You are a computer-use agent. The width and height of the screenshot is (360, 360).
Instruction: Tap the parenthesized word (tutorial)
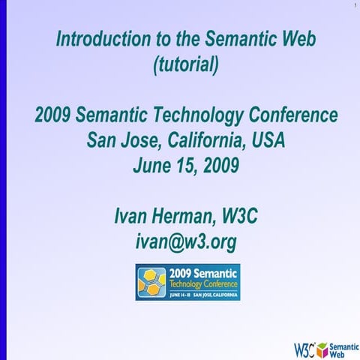[186, 65]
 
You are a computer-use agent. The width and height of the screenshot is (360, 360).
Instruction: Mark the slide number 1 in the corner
[352, 7]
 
